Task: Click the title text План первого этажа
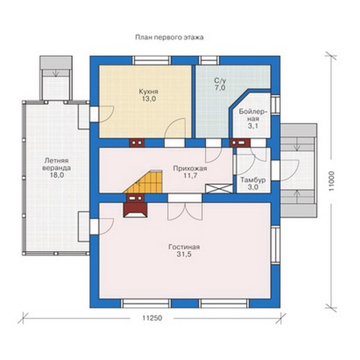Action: [169, 37]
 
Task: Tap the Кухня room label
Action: [148, 91]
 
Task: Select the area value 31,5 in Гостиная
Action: [184, 254]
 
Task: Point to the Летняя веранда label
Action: [57, 164]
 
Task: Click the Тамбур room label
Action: [253, 180]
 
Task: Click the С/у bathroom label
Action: [220, 81]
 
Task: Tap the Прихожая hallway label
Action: [190, 168]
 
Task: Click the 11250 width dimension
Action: [152, 318]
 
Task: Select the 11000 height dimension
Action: [332, 181]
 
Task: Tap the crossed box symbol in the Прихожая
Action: [219, 189]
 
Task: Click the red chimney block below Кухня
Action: [137, 143]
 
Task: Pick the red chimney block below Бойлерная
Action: [240, 143]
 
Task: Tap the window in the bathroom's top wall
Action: [210, 60]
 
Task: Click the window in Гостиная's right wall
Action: [276, 246]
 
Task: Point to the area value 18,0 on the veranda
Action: [57, 175]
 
